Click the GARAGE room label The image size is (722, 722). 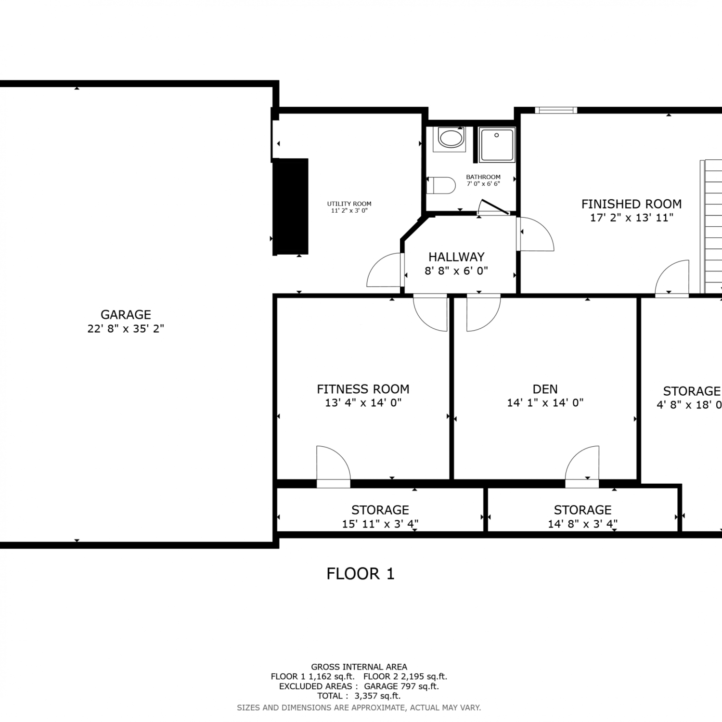point(126,315)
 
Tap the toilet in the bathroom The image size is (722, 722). point(441,185)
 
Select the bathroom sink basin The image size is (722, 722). point(451,139)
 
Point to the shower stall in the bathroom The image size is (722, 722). point(497,144)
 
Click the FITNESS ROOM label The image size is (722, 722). point(363,389)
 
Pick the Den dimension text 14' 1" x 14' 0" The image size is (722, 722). point(545,403)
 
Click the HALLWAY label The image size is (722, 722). point(456,257)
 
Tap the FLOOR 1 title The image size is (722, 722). point(361,574)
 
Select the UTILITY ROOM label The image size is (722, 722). point(349,204)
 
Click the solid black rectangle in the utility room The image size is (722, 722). point(291,207)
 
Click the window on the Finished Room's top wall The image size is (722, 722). point(556,110)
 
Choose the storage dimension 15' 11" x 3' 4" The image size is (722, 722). point(380,524)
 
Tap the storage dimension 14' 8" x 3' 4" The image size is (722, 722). point(582,524)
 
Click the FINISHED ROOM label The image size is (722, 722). point(632,204)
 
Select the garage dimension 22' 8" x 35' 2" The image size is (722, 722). point(126,329)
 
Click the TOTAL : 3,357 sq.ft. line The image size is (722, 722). point(359,696)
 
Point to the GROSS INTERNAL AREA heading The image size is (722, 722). point(359,667)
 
